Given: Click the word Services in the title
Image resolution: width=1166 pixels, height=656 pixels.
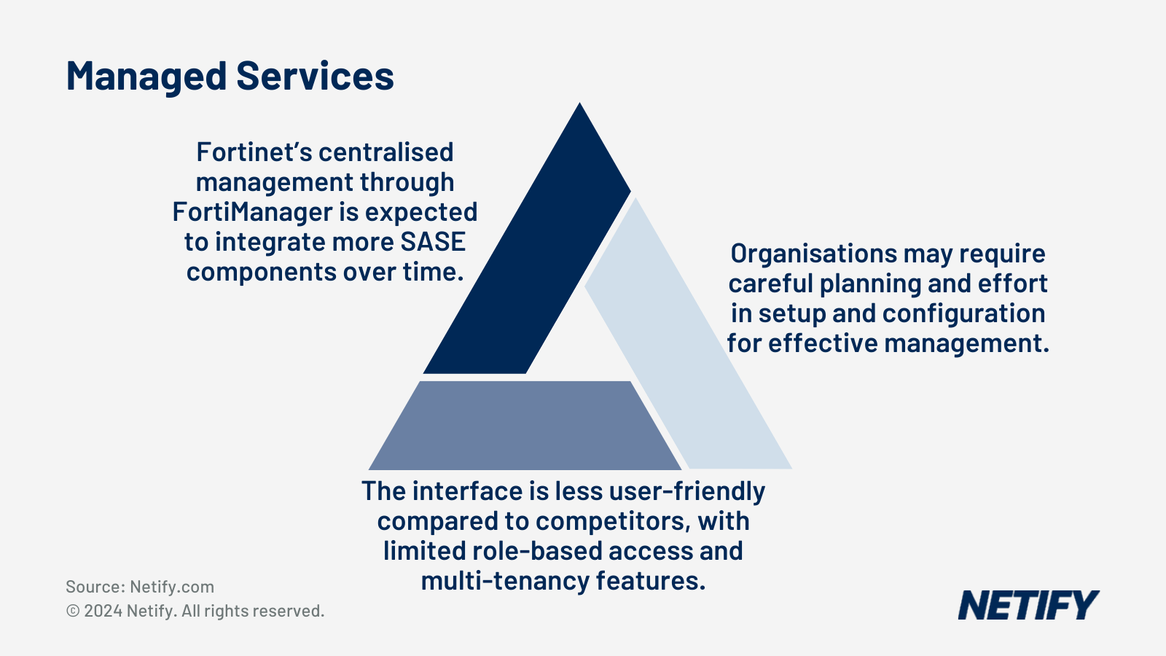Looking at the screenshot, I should pos(315,77).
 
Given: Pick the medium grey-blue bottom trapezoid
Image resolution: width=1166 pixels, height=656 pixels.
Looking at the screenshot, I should pos(525,426).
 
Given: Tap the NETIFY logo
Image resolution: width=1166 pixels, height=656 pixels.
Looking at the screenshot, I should pos(1028,606).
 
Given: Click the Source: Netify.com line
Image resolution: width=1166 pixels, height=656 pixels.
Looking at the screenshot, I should pos(140,587).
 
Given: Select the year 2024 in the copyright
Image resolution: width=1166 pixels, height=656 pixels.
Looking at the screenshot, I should pos(103,611).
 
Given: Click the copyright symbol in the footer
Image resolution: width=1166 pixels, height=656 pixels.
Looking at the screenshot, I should pos(73,611).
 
